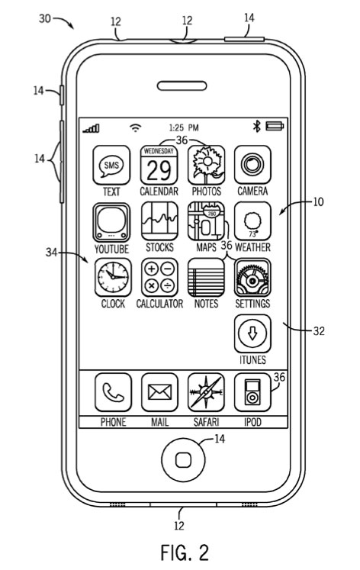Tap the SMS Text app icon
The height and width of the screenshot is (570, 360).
(x=111, y=165)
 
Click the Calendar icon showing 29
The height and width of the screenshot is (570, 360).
(x=159, y=165)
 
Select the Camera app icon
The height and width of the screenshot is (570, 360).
(x=252, y=165)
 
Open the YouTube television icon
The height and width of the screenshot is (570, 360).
(x=111, y=223)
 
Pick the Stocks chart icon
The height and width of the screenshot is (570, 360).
(x=159, y=221)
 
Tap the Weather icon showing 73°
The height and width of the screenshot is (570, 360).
(x=252, y=221)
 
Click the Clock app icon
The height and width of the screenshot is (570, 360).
(x=113, y=277)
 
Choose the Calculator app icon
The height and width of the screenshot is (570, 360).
(x=159, y=277)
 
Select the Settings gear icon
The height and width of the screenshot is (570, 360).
(x=252, y=277)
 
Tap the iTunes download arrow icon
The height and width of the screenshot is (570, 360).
(x=252, y=333)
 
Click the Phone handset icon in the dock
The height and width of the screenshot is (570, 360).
(x=113, y=392)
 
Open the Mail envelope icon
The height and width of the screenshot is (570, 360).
(x=159, y=392)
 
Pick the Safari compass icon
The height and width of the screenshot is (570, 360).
(x=206, y=392)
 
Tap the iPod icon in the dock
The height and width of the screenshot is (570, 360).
(x=252, y=392)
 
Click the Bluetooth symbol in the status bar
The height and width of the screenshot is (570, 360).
(x=257, y=127)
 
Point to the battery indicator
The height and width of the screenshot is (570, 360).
(x=275, y=126)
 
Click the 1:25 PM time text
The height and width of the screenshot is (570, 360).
(x=184, y=127)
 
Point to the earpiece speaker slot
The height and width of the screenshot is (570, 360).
(x=182, y=86)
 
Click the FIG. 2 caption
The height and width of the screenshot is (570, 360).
(x=185, y=552)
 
